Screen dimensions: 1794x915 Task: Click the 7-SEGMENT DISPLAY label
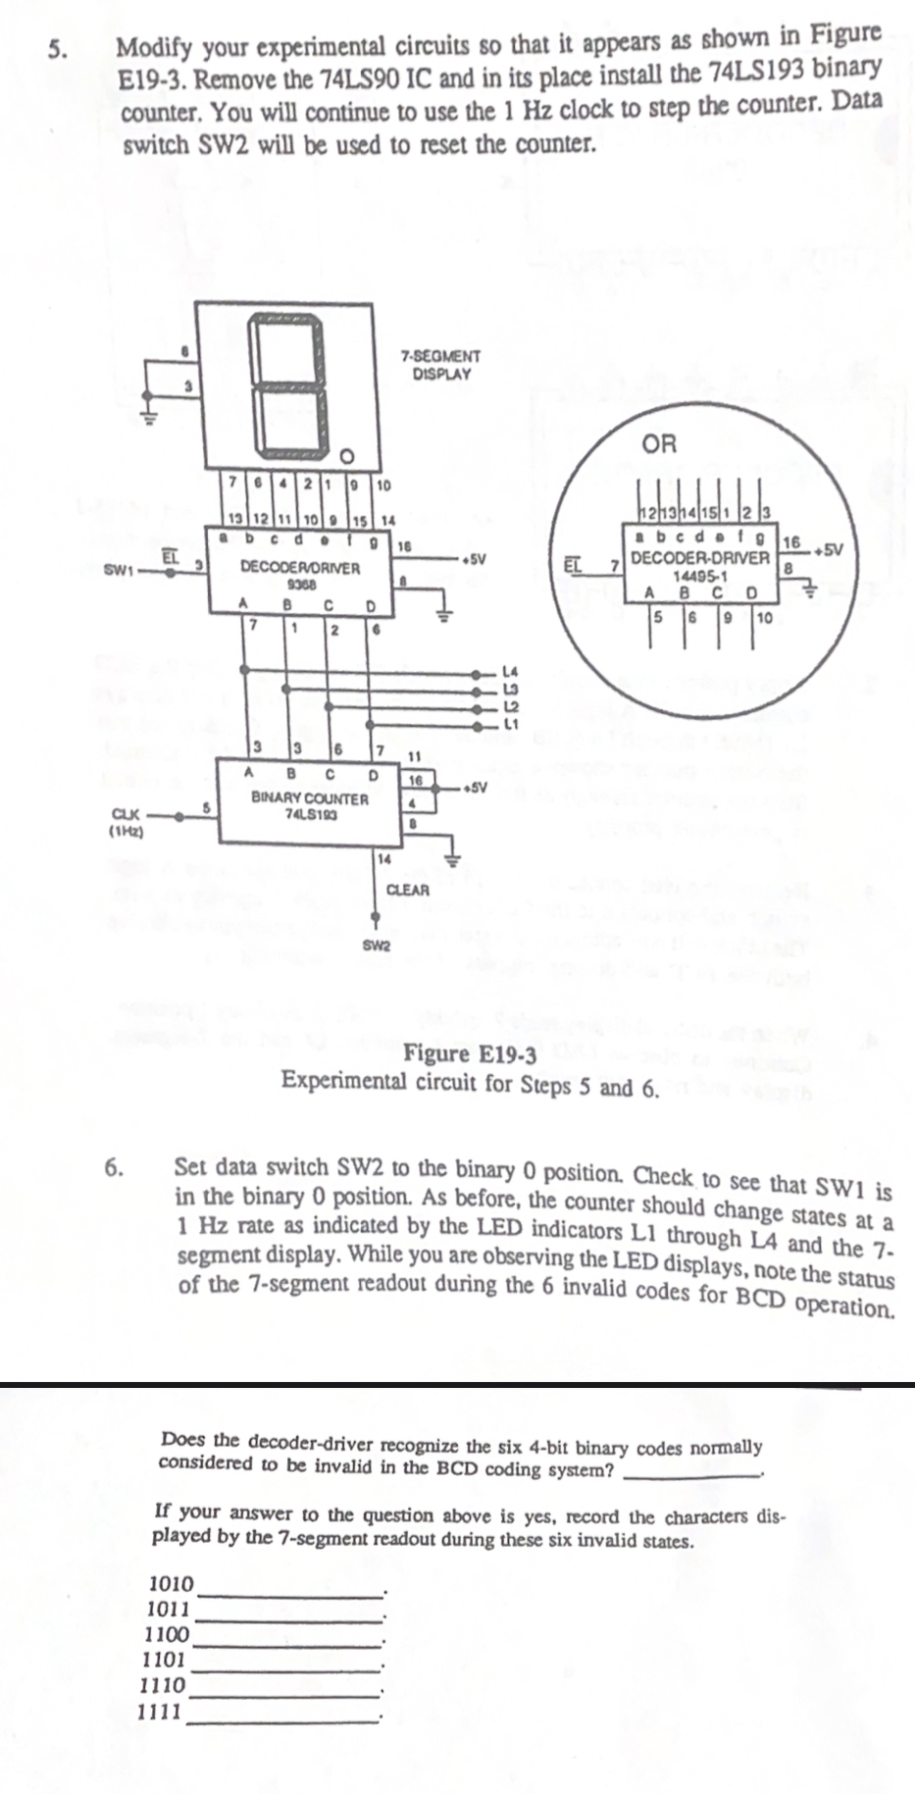pos(441,365)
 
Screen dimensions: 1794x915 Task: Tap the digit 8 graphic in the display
pos(288,385)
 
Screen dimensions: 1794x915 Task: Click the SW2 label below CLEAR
pos(377,946)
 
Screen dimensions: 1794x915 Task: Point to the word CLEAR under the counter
pos(408,890)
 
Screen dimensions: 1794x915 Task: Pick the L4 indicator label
pos(509,672)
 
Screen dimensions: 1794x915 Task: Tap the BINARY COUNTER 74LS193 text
pos(310,805)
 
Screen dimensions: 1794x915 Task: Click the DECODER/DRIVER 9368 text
pos(300,573)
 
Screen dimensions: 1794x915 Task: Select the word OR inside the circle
pos(659,443)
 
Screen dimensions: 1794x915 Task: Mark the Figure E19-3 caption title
pos(471,1054)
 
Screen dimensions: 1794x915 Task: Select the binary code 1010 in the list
pos(171,1582)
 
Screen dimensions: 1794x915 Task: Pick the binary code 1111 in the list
pos(160,1712)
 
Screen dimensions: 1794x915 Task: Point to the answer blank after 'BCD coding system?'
pos(690,1474)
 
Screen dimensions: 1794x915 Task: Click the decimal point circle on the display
pos(345,456)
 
